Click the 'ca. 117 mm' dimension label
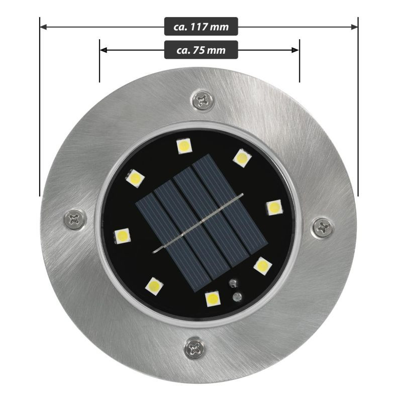201,27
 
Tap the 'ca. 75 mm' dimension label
201,50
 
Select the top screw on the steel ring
203,99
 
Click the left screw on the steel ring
75,219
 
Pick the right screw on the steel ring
323,227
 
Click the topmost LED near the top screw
184,146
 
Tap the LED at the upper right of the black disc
242,158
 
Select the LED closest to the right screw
274,207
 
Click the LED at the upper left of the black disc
135,178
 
